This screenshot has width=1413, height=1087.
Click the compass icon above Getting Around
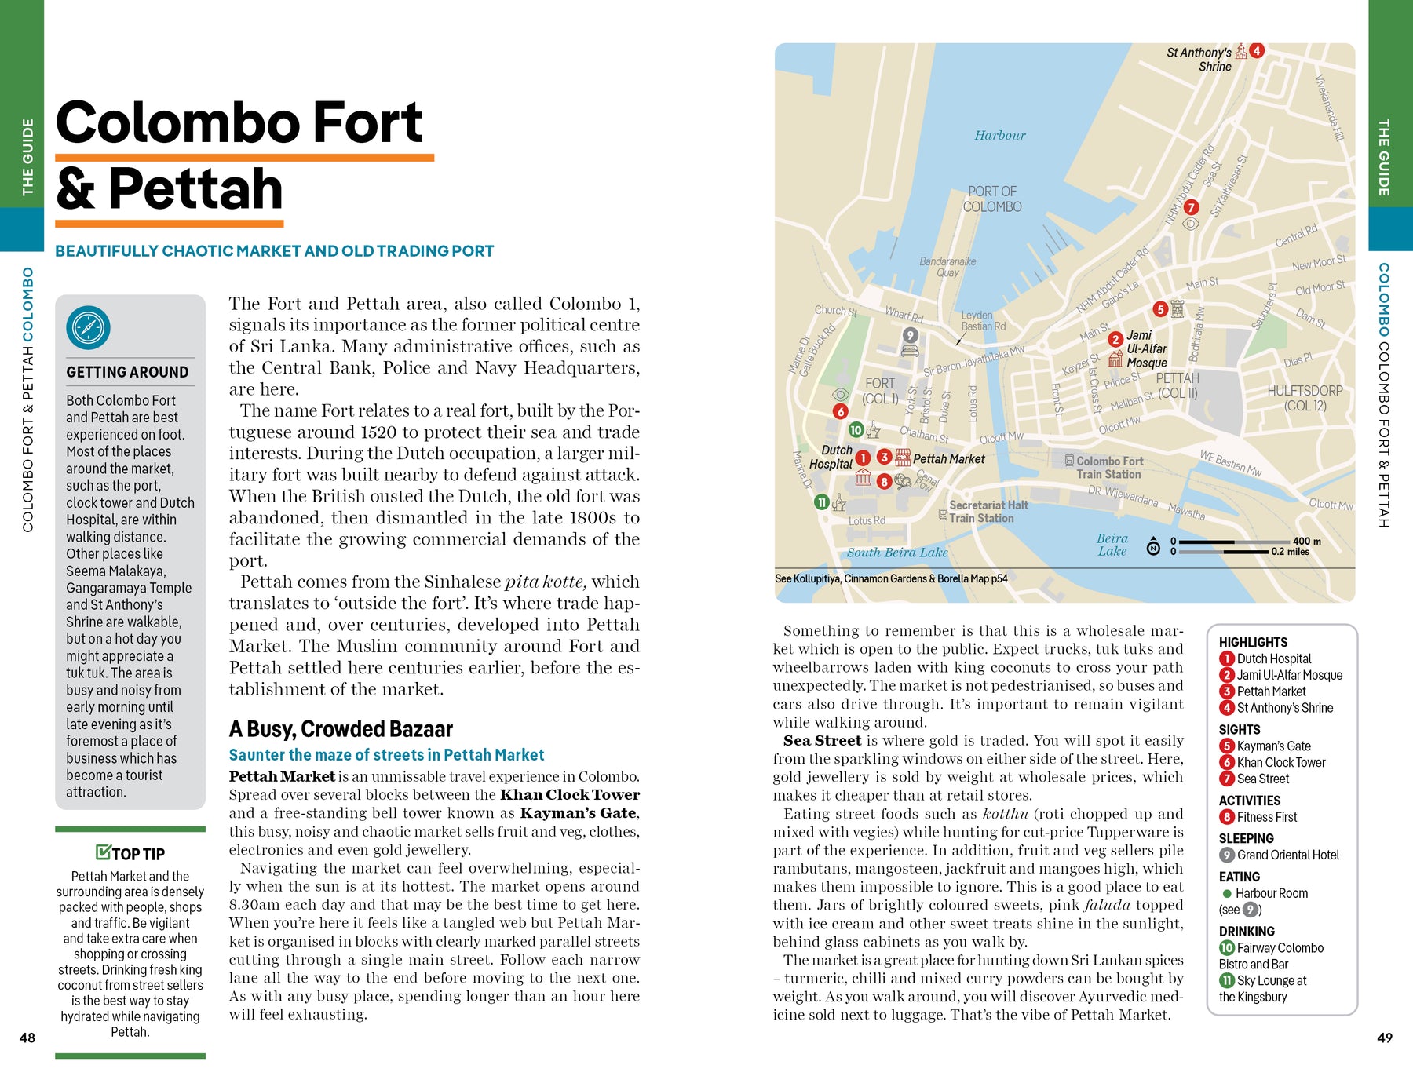click(88, 327)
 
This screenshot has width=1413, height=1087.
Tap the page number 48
click(27, 1038)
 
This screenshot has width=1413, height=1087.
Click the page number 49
click(1385, 1038)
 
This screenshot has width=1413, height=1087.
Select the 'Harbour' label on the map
click(999, 136)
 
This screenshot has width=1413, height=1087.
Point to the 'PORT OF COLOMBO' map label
click(992, 199)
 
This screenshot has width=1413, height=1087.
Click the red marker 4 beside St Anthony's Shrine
click(1257, 50)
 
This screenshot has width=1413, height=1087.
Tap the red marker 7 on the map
click(1191, 207)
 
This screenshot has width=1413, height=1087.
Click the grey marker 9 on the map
click(910, 335)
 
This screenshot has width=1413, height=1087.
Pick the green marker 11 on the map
click(821, 502)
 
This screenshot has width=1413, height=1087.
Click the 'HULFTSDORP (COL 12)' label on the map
click(1305, 398)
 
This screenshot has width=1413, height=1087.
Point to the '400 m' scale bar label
click(1306, 541)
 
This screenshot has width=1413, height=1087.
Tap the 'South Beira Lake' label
click(896, 553)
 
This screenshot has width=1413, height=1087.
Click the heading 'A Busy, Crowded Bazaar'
click(341, 729)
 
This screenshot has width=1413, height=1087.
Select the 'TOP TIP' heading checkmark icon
click(103, 852)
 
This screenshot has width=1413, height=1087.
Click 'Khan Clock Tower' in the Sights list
click(1281, 762)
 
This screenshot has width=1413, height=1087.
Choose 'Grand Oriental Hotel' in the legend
click(1287, 855)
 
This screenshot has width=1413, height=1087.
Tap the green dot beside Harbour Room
click(1226, 893)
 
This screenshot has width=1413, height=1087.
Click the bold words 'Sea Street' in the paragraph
click(822, 741)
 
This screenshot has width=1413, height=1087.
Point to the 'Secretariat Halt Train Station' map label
click(988, 512)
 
